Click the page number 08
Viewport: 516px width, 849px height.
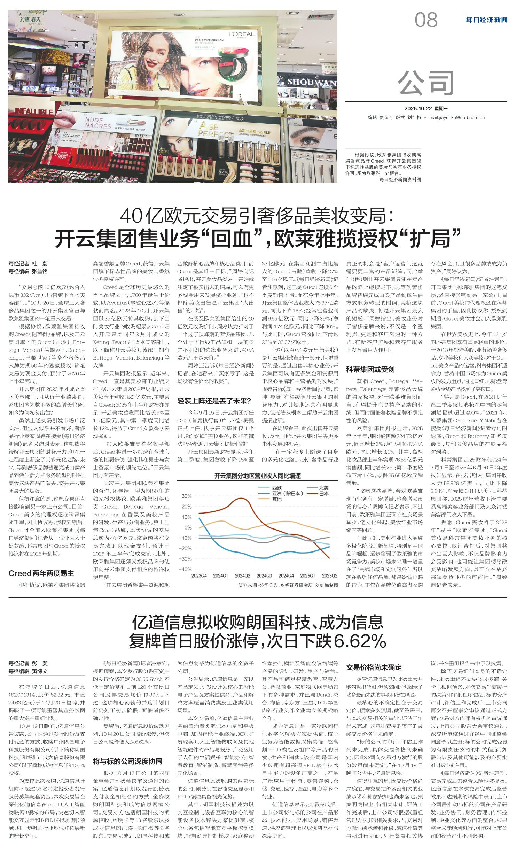[426, 20]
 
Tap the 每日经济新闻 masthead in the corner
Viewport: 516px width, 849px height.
[486, 20]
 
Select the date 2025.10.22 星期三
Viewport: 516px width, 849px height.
[426, 109]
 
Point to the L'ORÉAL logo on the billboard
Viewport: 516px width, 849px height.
[241, 35]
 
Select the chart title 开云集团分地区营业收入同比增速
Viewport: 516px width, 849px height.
[258, 476]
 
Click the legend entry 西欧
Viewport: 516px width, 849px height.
[277, 488]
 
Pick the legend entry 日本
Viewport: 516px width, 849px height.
[324, 494]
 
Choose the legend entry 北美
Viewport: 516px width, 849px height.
[324, 488]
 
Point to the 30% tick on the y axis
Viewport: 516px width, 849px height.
[187, 496]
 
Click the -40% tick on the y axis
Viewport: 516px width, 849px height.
[185, 569]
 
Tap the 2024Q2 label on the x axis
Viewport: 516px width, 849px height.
[242, 576]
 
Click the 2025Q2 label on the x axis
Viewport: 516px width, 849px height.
[329, 576]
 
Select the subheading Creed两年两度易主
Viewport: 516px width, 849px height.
[41, 573]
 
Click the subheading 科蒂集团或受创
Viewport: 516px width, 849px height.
[370, 369]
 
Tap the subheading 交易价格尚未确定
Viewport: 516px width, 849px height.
[374, 667]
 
